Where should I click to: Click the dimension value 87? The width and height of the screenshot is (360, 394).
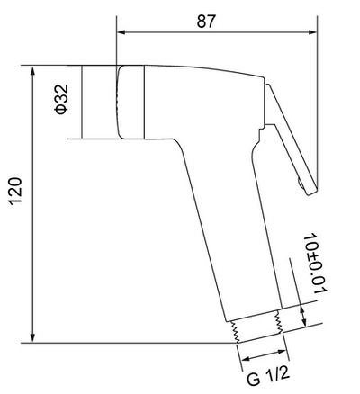click(207, 22)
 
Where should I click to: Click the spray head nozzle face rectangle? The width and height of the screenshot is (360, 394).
click(100, 101)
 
